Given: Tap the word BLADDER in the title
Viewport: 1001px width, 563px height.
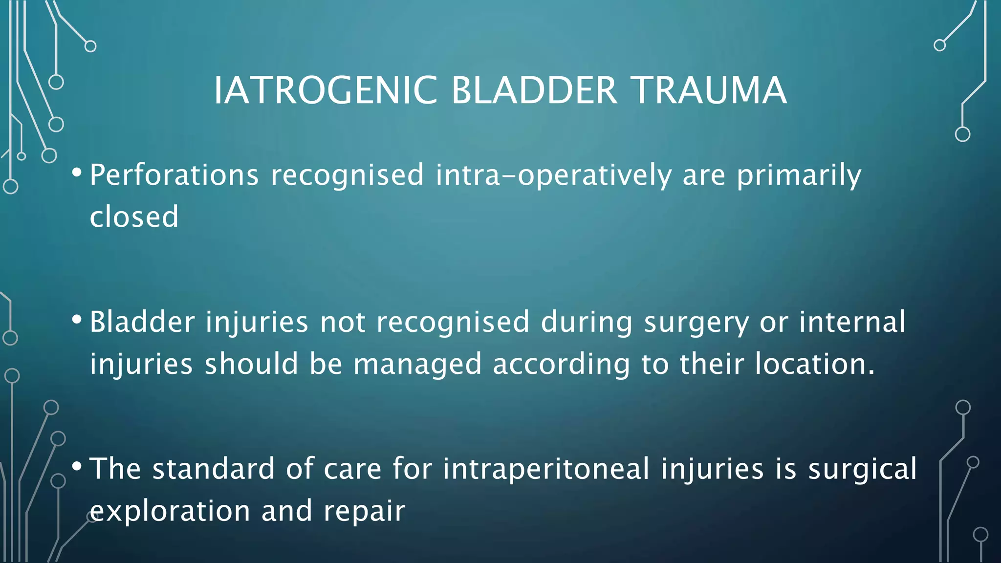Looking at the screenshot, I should pos(534,91).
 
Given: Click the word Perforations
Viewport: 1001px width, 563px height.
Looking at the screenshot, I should pos(174,175).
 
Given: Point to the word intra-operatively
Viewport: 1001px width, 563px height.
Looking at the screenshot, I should pos(553,176).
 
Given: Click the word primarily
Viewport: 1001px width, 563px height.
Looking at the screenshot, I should pos(799,176).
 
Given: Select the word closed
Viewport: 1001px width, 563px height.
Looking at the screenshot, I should pos(134,217).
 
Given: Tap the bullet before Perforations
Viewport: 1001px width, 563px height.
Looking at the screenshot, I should pos(77,173).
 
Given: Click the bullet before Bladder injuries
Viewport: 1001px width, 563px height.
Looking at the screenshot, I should pos(77,320).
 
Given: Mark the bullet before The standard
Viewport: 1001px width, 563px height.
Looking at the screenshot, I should pos(77,467).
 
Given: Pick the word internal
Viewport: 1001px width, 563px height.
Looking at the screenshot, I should pos(852,322).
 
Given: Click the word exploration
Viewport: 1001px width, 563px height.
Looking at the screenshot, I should pos(170,512).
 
